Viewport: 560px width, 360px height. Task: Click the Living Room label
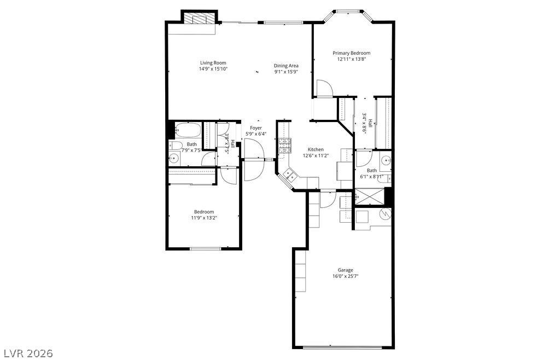[213, 63]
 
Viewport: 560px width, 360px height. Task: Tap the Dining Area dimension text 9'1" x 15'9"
[286, 72]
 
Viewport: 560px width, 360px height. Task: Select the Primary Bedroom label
[352, 53]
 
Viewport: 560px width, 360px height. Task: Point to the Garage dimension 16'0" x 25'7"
[346, 276]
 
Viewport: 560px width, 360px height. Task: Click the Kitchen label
[316, 149]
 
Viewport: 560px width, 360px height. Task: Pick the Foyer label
[256, 128]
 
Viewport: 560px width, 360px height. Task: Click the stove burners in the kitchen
[284, 146]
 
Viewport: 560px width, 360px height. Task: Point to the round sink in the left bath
[174, 158]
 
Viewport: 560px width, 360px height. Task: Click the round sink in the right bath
[386, 160]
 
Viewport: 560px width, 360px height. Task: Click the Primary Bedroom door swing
[324, 88]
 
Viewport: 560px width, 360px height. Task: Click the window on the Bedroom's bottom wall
[206, 248]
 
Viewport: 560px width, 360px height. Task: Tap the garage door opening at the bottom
[343, 347]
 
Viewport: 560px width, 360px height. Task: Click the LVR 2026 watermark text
[27, 353]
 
